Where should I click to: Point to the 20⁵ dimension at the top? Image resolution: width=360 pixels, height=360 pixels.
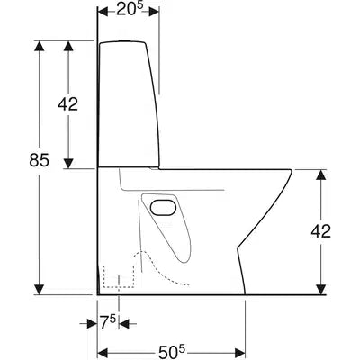tap(130, 10)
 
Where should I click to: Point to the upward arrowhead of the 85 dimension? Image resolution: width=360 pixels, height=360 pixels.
tap(38, 47)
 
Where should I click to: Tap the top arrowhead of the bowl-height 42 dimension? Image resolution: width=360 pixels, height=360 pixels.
tap(321, 173)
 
